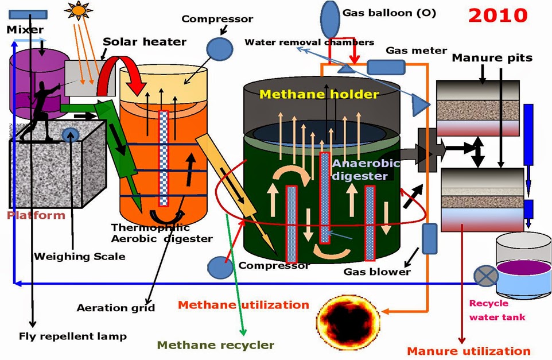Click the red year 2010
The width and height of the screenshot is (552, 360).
(497, 14)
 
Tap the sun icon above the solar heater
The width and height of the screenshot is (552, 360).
(77, 9)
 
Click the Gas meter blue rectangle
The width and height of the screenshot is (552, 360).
(386, 67)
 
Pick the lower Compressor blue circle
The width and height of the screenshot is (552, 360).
(219, 267)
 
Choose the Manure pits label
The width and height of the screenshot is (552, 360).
(492, 57)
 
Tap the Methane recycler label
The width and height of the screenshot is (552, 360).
(215, 344)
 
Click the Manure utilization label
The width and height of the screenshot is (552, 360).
(468, 350)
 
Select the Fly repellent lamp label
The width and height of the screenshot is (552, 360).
(73, 336)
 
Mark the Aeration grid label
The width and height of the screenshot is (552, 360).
(116, 308)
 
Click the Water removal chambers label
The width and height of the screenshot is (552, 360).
(309, 42)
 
